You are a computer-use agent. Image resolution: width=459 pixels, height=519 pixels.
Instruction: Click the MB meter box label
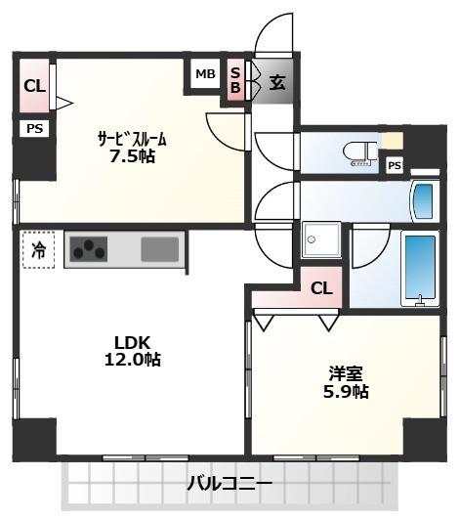click(205, 74)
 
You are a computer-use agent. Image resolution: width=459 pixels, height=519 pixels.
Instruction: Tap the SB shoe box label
click(235, 80)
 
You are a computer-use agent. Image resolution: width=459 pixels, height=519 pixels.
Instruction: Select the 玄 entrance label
click(276, 82)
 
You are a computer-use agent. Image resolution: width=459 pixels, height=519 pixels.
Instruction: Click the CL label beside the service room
click(34, 86)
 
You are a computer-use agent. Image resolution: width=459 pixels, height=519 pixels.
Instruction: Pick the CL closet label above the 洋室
click(321, 288)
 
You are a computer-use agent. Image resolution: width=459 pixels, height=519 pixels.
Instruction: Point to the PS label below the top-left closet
click(35, 128)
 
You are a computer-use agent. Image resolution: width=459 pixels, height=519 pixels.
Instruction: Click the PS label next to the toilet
click(395, 165)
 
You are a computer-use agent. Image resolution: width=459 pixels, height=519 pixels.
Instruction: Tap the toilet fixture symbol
click(359, 153)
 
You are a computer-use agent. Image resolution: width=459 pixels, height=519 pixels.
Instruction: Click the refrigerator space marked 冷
click(38, 249)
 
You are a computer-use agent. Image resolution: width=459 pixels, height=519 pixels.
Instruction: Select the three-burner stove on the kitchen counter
click(88, 249)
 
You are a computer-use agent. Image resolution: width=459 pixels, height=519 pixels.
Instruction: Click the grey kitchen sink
click(160, 249)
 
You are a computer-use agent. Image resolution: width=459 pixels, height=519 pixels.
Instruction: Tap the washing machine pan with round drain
click(321, 240)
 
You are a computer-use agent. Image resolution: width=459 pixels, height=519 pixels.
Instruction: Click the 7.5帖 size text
click(132, 156)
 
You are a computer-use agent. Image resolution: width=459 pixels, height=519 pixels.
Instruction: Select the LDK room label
click(132, 343)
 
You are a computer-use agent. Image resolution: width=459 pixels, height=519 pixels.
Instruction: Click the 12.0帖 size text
click(133, 360)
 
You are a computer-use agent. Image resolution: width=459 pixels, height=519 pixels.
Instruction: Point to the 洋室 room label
click(346, 373)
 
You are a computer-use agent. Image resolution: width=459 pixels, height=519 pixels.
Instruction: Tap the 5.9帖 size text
click(346, 392)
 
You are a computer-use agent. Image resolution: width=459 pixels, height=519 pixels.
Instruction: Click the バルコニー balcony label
click(229, 484)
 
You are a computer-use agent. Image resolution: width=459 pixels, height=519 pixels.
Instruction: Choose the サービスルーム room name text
click(132, 139)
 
